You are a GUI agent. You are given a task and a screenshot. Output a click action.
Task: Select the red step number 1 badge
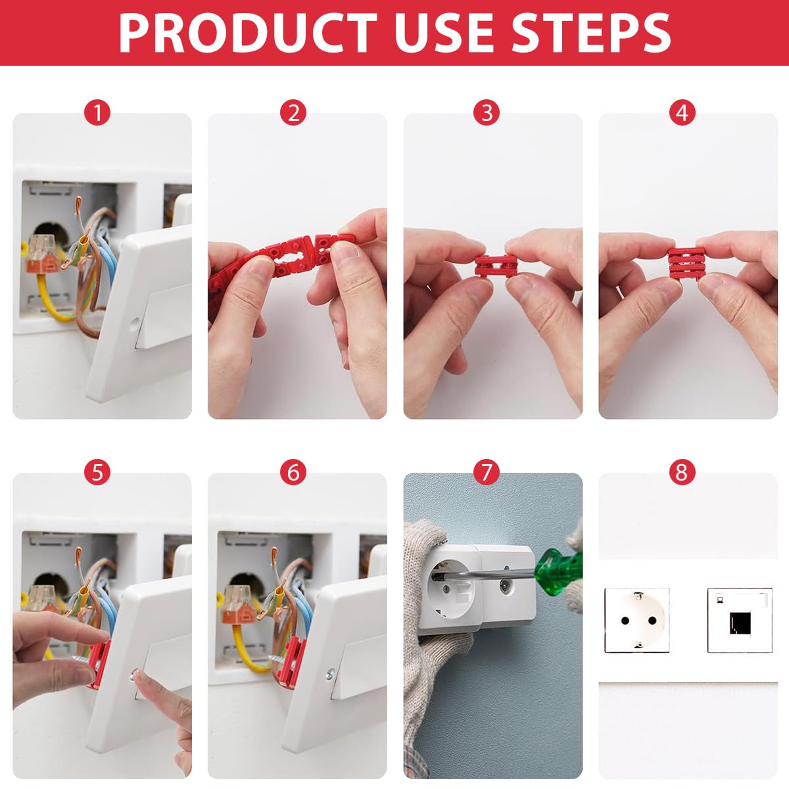click(x=97, y=113)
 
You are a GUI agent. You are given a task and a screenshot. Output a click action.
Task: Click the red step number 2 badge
click(x=293, y=113)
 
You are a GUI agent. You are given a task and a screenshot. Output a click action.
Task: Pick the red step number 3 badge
click(x=487, y=113)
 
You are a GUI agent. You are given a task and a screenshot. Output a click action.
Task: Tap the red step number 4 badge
click(x=682, y=113)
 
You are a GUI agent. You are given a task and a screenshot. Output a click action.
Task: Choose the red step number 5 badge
click(x=97, y=472)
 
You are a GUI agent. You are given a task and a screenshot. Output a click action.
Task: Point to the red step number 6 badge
click(x=293, y=472)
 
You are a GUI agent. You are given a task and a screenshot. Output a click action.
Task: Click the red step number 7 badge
click(x=487, y=472)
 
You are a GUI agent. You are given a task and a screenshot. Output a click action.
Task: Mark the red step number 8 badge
click(x=682, y=472)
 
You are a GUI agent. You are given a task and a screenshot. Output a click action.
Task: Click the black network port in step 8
click(x=740, y=621)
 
